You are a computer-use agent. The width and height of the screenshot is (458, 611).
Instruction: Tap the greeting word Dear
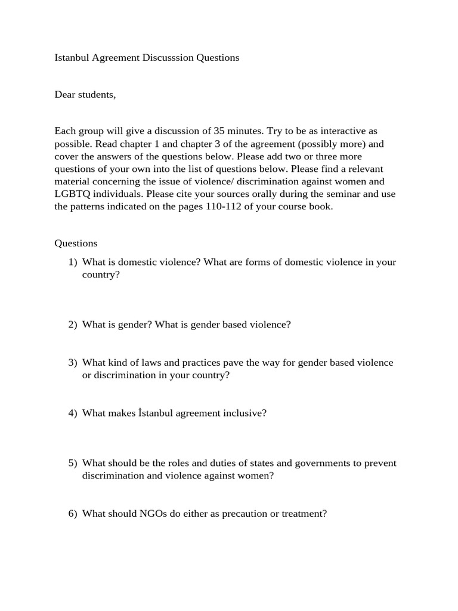point(66,94)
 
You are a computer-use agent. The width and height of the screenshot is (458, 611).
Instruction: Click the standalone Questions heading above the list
point(76,243)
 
